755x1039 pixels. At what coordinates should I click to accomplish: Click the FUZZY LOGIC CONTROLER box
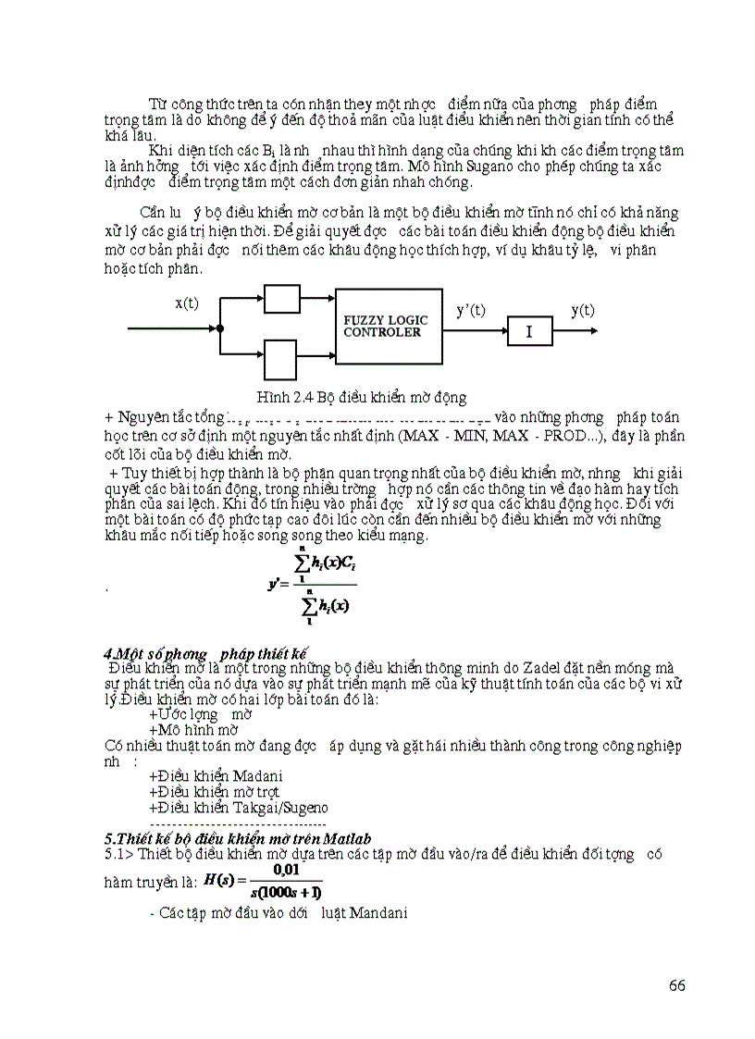click(x=389, y=326)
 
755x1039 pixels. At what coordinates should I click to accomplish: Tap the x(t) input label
click(x=187, y=303)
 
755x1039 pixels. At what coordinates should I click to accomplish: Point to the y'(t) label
click(x=471, y=311)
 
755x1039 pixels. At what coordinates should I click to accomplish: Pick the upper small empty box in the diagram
click(x=282, y=299)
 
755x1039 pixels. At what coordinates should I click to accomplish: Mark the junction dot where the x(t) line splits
click(x=220, y=328)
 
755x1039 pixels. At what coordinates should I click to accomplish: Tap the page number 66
click(x=676, y=984)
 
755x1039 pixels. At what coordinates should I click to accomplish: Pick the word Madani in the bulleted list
click(x=258, y=775)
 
